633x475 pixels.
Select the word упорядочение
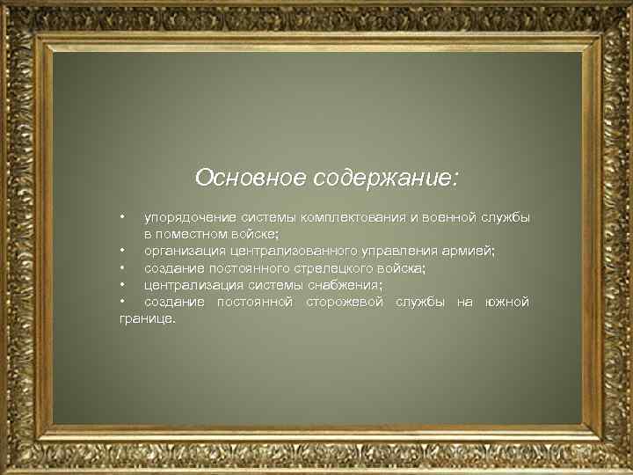pyautogui.click(x=187, y=217)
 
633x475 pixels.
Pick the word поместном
pyautogui.click(x=195, y=234)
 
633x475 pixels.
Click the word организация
pyautogui.click(x=185, y=252)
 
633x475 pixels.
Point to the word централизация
pyautogui.click(x=190, y=285)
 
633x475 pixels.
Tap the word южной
pyautogui.click(x=506, y=303)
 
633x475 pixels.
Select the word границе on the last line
pyautogui.click(x=147, y=319)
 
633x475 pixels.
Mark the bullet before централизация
pyautogui.click(x=124, y=285)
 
